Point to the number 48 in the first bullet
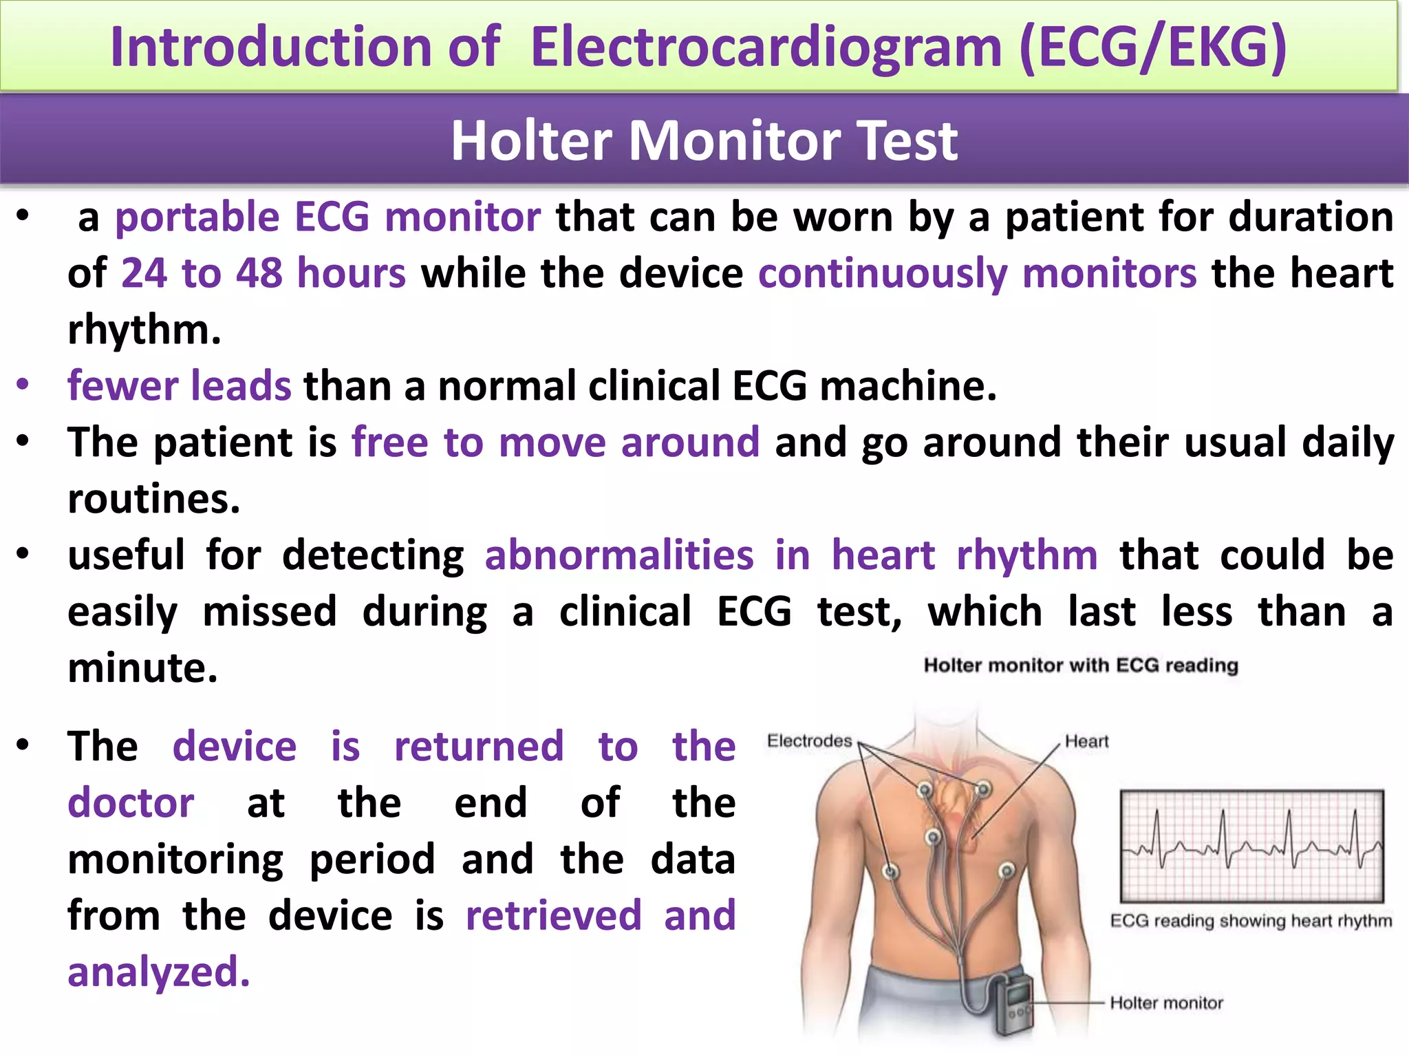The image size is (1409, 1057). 259,273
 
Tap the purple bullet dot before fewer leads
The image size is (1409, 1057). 23,384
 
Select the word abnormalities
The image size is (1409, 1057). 619,555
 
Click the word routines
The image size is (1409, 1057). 153,499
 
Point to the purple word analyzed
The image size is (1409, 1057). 158,972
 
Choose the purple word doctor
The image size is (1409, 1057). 131,803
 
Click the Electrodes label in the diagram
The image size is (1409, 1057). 809,741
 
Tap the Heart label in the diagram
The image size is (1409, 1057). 1086,741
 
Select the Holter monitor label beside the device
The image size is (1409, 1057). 1166,1003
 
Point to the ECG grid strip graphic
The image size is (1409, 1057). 1251,846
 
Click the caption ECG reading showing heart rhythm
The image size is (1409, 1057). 1250,921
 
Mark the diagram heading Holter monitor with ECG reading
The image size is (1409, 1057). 1080,665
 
